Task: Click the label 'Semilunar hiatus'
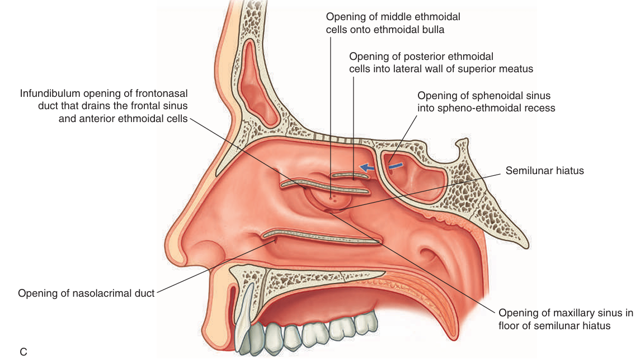pos(544,170)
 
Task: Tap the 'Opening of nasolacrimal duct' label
pos(86,293)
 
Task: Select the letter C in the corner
pos(23,352)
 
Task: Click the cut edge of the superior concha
pos(350,175)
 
